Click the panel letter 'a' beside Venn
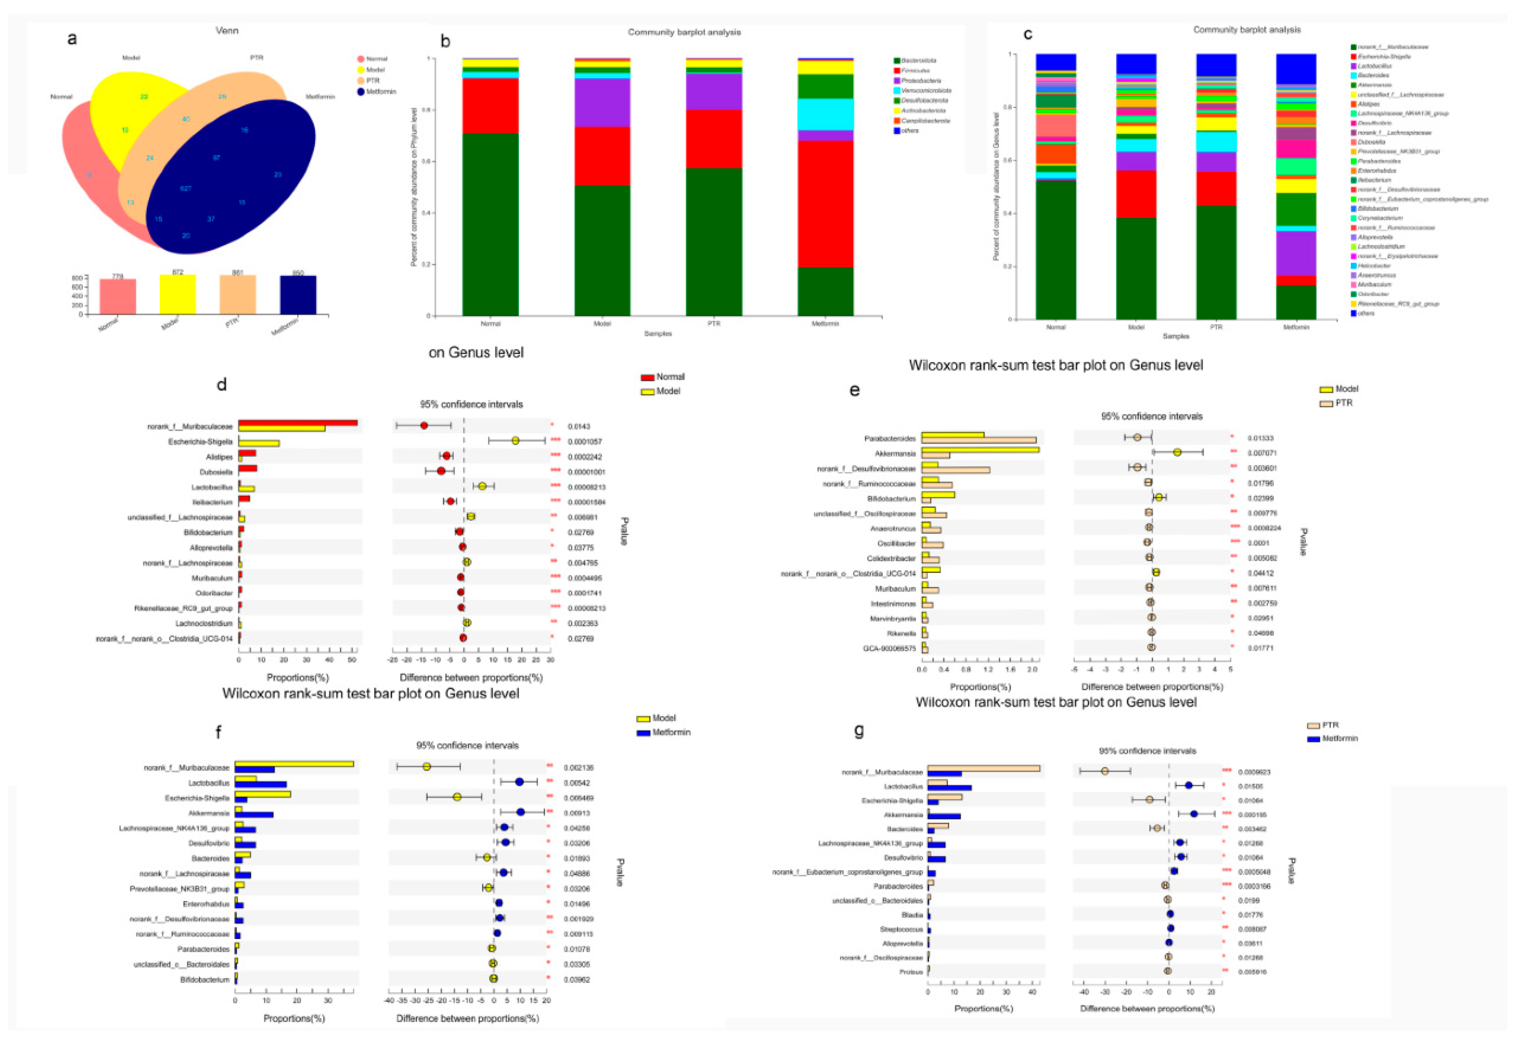pos(72,39)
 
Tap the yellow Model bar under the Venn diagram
pos(177,294)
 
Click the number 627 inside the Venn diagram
pos(186,188)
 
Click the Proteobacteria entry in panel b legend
pos(920,80)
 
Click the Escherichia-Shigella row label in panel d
pos(200,442)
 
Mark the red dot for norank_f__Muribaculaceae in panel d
pos(424,426)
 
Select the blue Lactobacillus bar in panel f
pos(261,784)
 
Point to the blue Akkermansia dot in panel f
pos(521,812)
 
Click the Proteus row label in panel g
pos(911,972)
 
